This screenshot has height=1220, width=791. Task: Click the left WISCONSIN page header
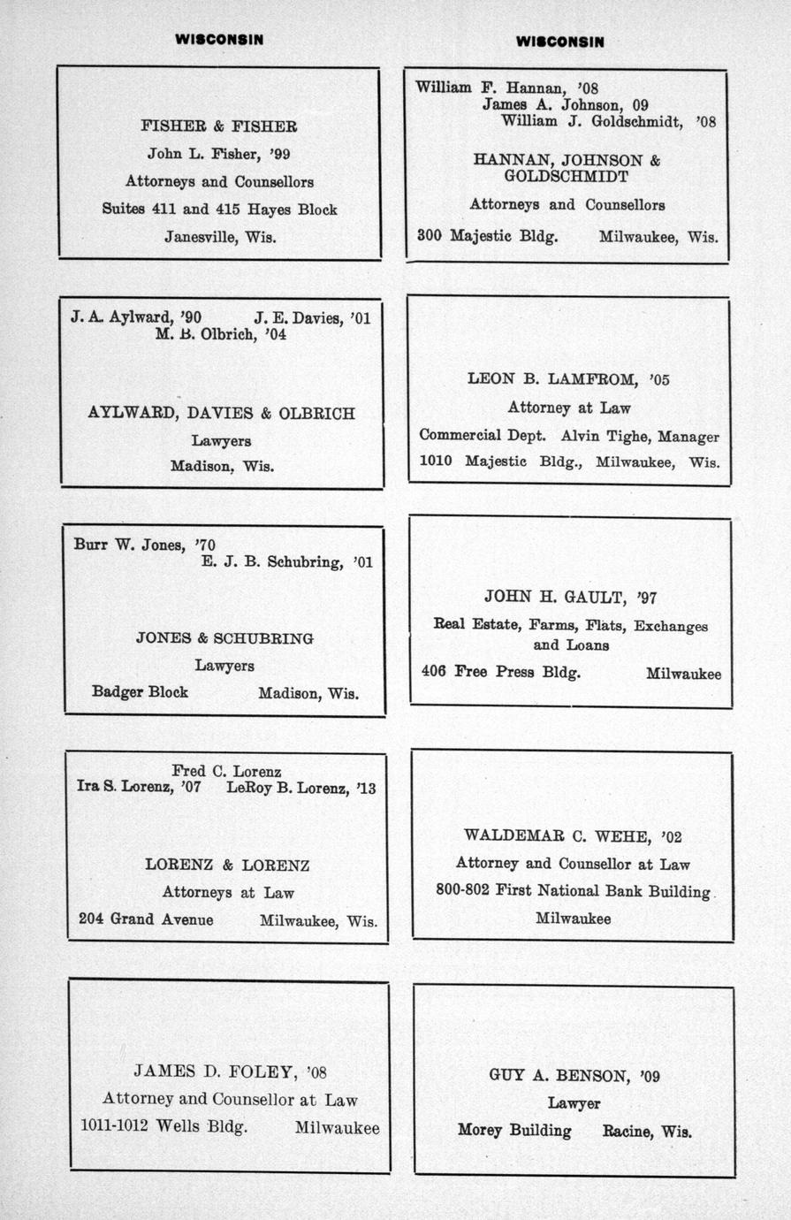(218, 39)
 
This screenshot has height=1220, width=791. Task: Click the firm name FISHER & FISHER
(218, 126)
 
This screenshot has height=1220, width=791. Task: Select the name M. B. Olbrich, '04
(220, 335)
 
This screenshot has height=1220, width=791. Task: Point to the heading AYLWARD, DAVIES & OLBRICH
(221, 413)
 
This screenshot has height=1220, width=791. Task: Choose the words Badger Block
(140, 692)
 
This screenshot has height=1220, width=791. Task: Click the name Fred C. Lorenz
(226, 771)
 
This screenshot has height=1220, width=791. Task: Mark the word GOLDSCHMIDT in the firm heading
(567, 177)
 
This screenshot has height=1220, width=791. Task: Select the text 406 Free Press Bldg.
(501, 672)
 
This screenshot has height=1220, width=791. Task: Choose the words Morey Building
(514, 1131)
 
